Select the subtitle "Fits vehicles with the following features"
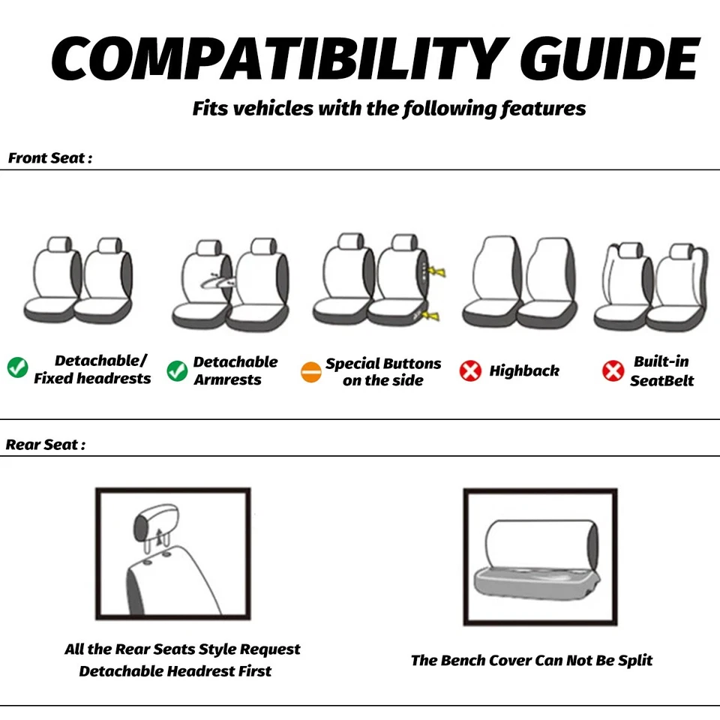pyautogui.click(x=388, y=109)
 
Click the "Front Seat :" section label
pyautogui.click(x=50, y=158)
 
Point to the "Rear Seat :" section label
pyautogui.click(x=46, y=445)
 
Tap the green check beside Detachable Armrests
pyautogui.click(x=177, y=370)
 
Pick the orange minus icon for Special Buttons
pyautogui.click(x=310, y=372)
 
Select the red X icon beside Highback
pyautogui.click(x=470, y=371)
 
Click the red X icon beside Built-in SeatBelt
pyautogui.click(x=613, y=370)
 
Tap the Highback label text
pyautogui.click(x=524, y=371)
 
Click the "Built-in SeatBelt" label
pyautogui.click(x=661, y=371)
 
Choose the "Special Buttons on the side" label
pyautogui.click(x=382, y=372)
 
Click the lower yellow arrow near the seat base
pyautogui.click(x=431, y=316)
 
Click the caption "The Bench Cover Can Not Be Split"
pyautogui.click(x=531, y=661)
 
